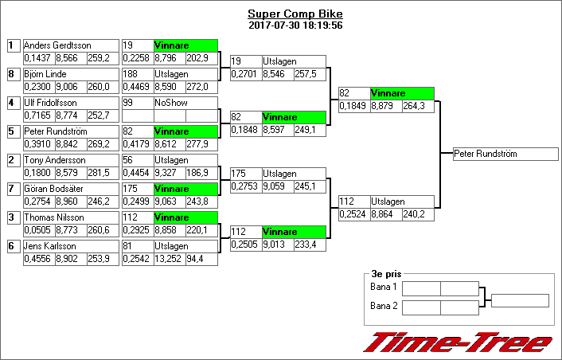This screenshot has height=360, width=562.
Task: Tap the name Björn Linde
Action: [x=45, y=74]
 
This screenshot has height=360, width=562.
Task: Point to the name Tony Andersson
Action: [x=54, y=160]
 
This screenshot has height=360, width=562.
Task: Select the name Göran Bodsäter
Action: [x=54, y=189]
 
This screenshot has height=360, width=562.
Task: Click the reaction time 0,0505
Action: [x=37, y=230]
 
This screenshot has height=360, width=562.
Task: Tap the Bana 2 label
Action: [x=384, y=305]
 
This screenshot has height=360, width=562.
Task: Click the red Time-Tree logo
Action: [x=458, y=342]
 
